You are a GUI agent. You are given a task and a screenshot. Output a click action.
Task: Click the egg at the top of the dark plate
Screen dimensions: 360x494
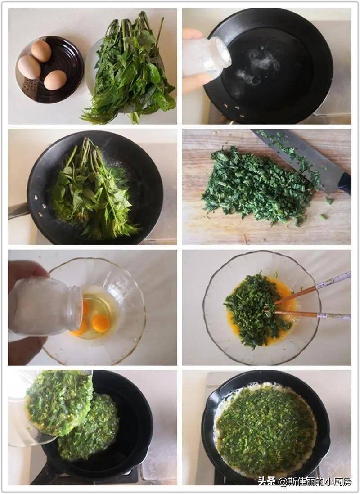(x=41, y=51)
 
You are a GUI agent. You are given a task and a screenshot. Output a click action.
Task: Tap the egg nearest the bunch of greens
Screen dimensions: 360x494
(x=55, y=80)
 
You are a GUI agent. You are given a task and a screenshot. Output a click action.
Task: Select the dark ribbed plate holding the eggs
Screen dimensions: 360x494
(x=49, y=69)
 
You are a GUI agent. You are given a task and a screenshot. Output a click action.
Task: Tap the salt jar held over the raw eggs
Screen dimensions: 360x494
(x=44, y=307)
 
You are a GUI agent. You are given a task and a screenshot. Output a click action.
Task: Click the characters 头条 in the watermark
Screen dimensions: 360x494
(x=267, y=481)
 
